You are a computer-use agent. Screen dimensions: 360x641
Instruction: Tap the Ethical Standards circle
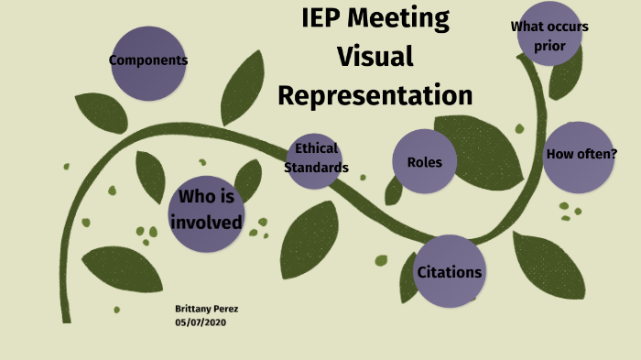click(x=316, y=158)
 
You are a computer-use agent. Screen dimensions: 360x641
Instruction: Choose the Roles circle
click(x=424, y=162)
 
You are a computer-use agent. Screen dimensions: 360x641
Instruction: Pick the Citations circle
click(x=449, y=271)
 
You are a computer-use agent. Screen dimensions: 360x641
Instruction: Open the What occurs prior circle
click(x=549, y=35)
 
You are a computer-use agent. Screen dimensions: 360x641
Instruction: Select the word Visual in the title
click(x=375, y=56)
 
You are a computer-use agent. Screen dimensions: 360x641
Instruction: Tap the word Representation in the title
click(x=375, y=95)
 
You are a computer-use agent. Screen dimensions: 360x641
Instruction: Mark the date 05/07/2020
click(x=201, y=322)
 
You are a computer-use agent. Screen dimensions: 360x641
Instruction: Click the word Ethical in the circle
click(x=316, y=148)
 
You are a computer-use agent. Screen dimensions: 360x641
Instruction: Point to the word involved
click(x=207, y=223)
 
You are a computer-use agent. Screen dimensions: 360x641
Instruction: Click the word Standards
click(x=316, y=168)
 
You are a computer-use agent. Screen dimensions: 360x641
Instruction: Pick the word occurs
click(x=569, y=27)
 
